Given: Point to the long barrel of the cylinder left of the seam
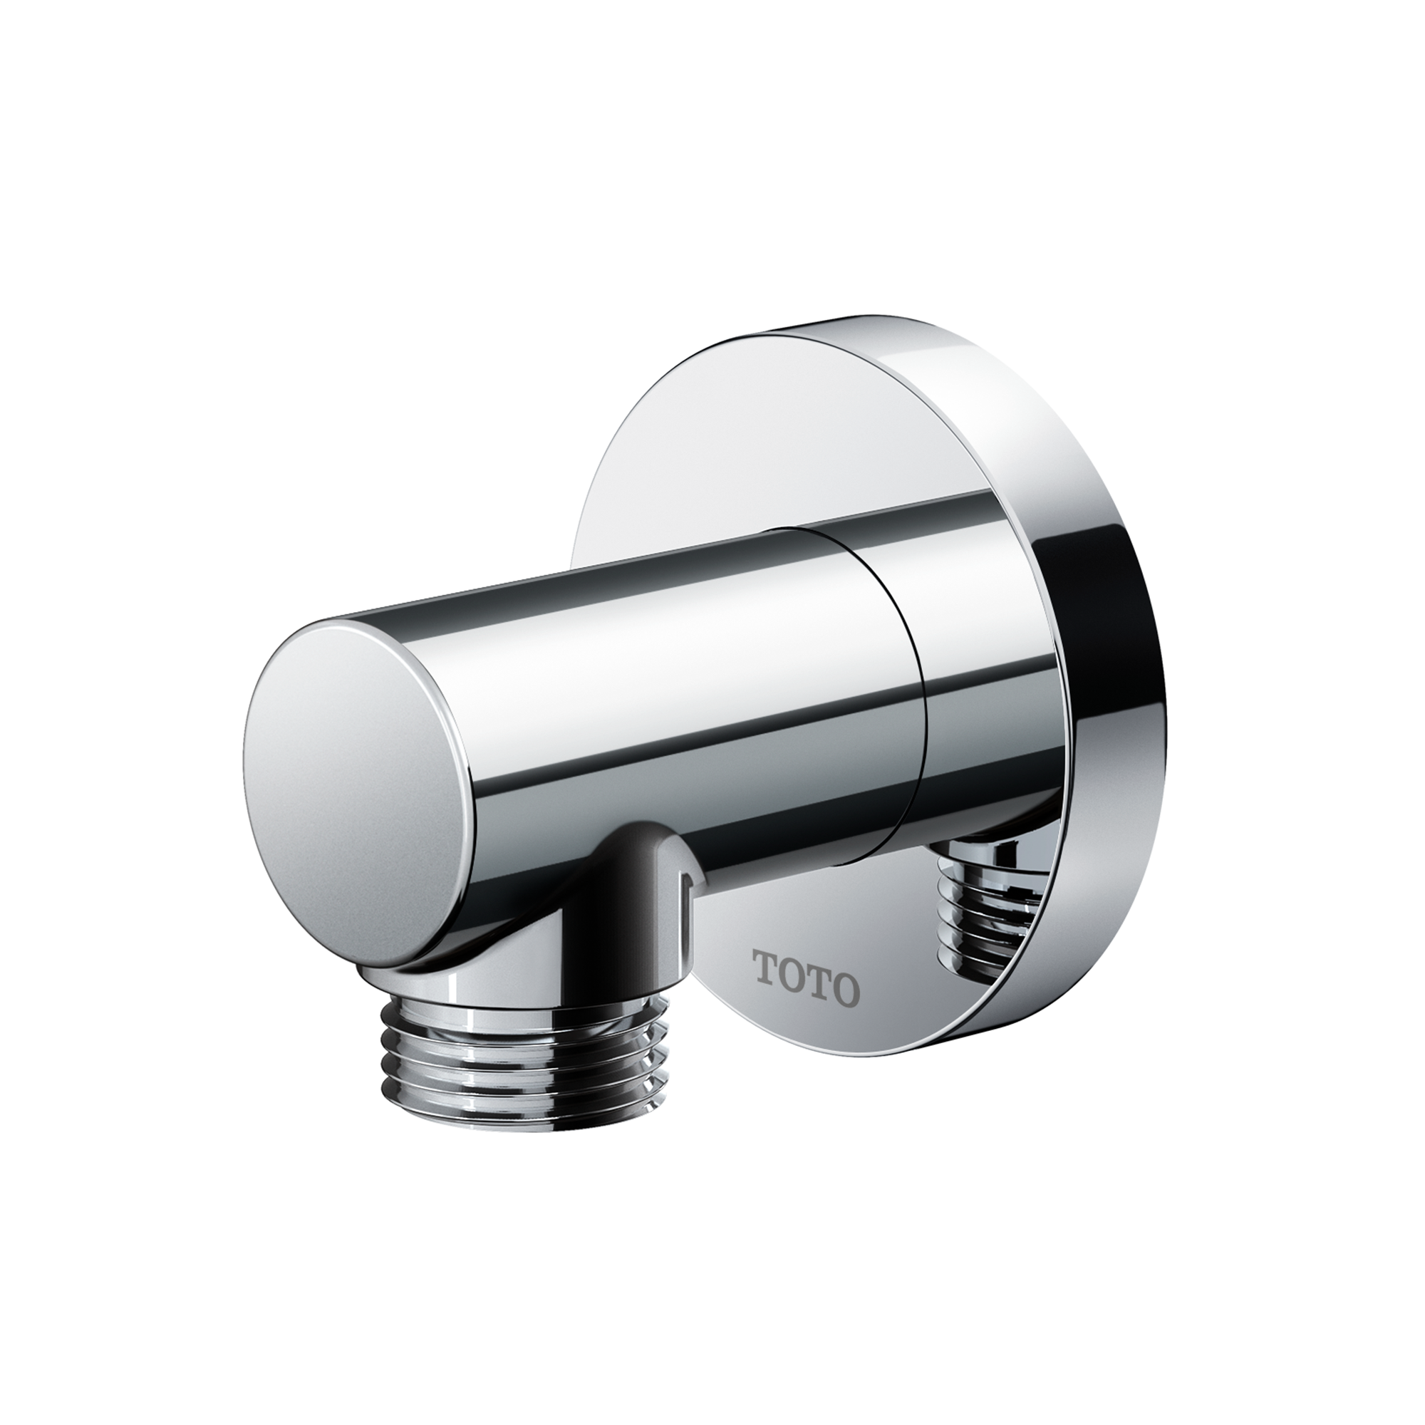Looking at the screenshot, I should (627, 664).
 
